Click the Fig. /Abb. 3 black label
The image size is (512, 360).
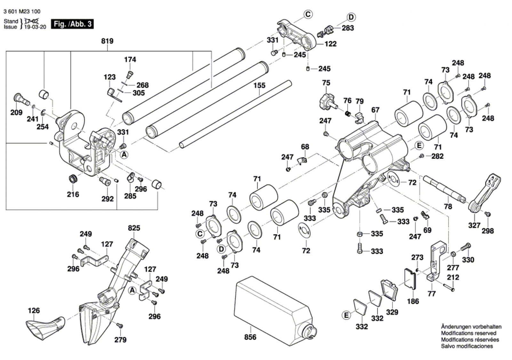tap(73, 24)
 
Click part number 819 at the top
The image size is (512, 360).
tap(107, 41)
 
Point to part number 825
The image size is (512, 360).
tap(134, 228)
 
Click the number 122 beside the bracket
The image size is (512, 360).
tap(331, 44)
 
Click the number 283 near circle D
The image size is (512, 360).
tap(348, 28)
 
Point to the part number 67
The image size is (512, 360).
tap(375, 110)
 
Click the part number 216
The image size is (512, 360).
tap(73, 194)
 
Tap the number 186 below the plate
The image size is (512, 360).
tap(413, 301)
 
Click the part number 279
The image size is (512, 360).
tap(120, 340)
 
